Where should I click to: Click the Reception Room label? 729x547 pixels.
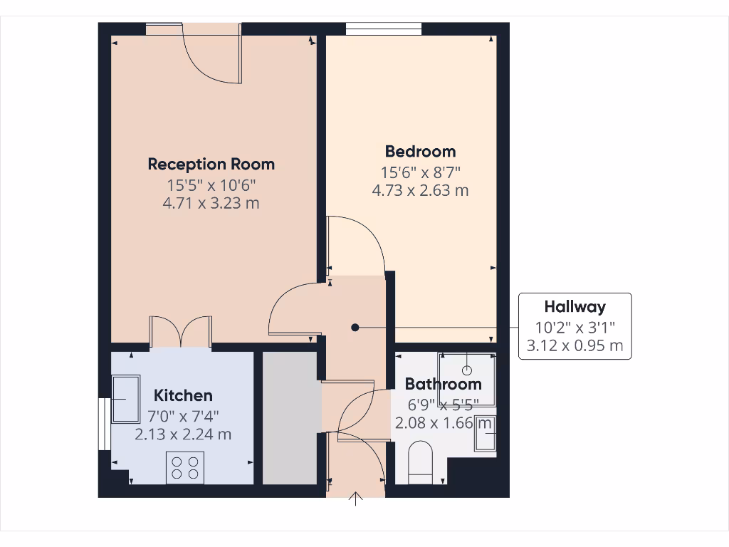pyautogui.click(x=211, y=164)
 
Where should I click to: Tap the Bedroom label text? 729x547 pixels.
pyautogui.click(x=420, y=151)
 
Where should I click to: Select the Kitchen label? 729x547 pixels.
pyautogui.click(x=183, y=395)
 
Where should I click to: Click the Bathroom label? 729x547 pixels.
pyautogui.click(x=443, y=384)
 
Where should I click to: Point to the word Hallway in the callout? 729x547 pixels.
pyautogui.click(x=575, y=307)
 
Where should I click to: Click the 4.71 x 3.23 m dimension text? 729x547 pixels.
pyautogui.click(x=211, y=203)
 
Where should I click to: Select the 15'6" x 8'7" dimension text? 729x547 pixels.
pyautogui.click(x=420, y=172)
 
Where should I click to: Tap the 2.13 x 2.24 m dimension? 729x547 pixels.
pyautogui.click(x=183, y=434)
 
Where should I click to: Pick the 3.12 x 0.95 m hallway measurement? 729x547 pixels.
pyautogui.click(x=575, y=346)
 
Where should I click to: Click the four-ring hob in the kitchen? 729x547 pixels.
pyautogui.click(x=185, y=467)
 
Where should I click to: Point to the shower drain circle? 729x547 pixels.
pyautogui.click(x=467, y=370)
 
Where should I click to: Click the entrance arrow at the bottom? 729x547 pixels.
pyautogui.click(x=356, y=499)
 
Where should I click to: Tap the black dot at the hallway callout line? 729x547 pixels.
pyautogui.click(x=355, y=328)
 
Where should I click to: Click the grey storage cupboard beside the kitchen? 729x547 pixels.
pyautogui.click(x=290, y=418)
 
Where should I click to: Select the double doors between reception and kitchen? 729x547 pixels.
pyautogui.click(x=181, y=333)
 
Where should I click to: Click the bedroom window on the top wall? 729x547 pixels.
pyautogui.click(x=383, y=28)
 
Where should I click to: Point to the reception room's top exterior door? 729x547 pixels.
pyautogui.click(x=212, y=54)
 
